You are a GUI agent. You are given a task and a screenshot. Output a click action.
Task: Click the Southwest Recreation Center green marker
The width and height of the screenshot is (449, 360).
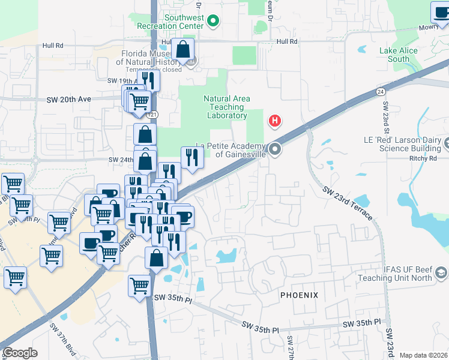(212, 22)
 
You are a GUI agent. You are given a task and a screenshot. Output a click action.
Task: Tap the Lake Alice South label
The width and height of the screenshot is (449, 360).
(398, 55)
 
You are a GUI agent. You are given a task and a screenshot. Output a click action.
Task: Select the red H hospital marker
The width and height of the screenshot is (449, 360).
(275, 121)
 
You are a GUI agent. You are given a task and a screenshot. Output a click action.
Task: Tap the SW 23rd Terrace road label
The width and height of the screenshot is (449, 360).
(348, 204)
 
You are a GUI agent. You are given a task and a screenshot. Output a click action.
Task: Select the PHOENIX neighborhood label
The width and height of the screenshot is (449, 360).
(298, 295)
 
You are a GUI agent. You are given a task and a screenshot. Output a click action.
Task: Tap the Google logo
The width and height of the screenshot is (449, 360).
(20, 353)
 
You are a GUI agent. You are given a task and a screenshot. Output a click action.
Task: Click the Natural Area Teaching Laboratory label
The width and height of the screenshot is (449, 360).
(226, 107)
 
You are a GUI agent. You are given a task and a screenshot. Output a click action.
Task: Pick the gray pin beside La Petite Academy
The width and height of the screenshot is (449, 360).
(275, 148)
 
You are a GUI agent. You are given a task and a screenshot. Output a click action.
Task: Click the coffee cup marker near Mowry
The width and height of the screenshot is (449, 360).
(440, 12)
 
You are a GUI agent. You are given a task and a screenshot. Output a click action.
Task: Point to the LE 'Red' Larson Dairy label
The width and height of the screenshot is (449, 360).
(402, 144)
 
